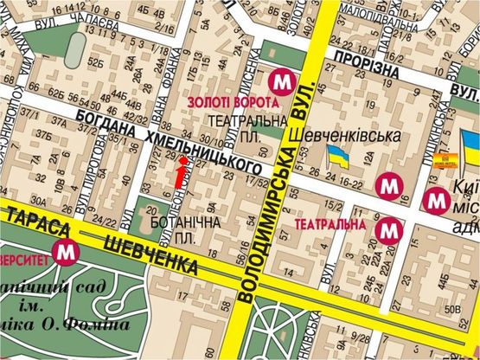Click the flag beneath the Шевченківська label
pyautogui.click(x=338, y=157)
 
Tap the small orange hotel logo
pyautogui.click(x=445, y=159)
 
